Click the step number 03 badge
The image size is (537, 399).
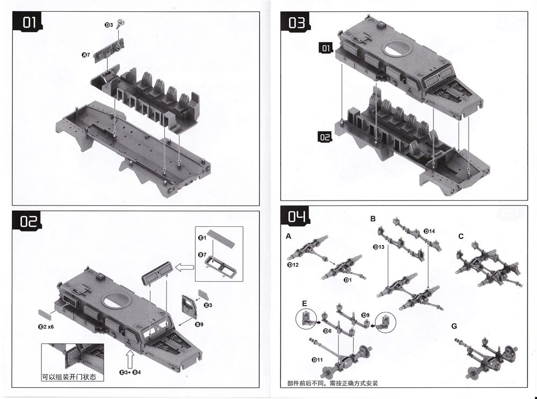(296, 23)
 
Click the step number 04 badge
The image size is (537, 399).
(296, 217)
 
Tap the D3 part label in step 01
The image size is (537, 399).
(108, 25)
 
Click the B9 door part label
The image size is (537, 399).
(198, 324)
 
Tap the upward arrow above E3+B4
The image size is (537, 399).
(129, 357)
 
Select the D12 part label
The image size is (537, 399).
(293, 265)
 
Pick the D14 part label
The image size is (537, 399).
(429, 231)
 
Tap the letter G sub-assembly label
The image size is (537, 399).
(454, 326)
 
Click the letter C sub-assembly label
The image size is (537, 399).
(461, 237)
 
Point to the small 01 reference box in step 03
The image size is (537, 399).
(325, 49)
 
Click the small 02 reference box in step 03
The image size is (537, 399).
(325, 137)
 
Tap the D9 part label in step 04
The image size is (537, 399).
(366, 315)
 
